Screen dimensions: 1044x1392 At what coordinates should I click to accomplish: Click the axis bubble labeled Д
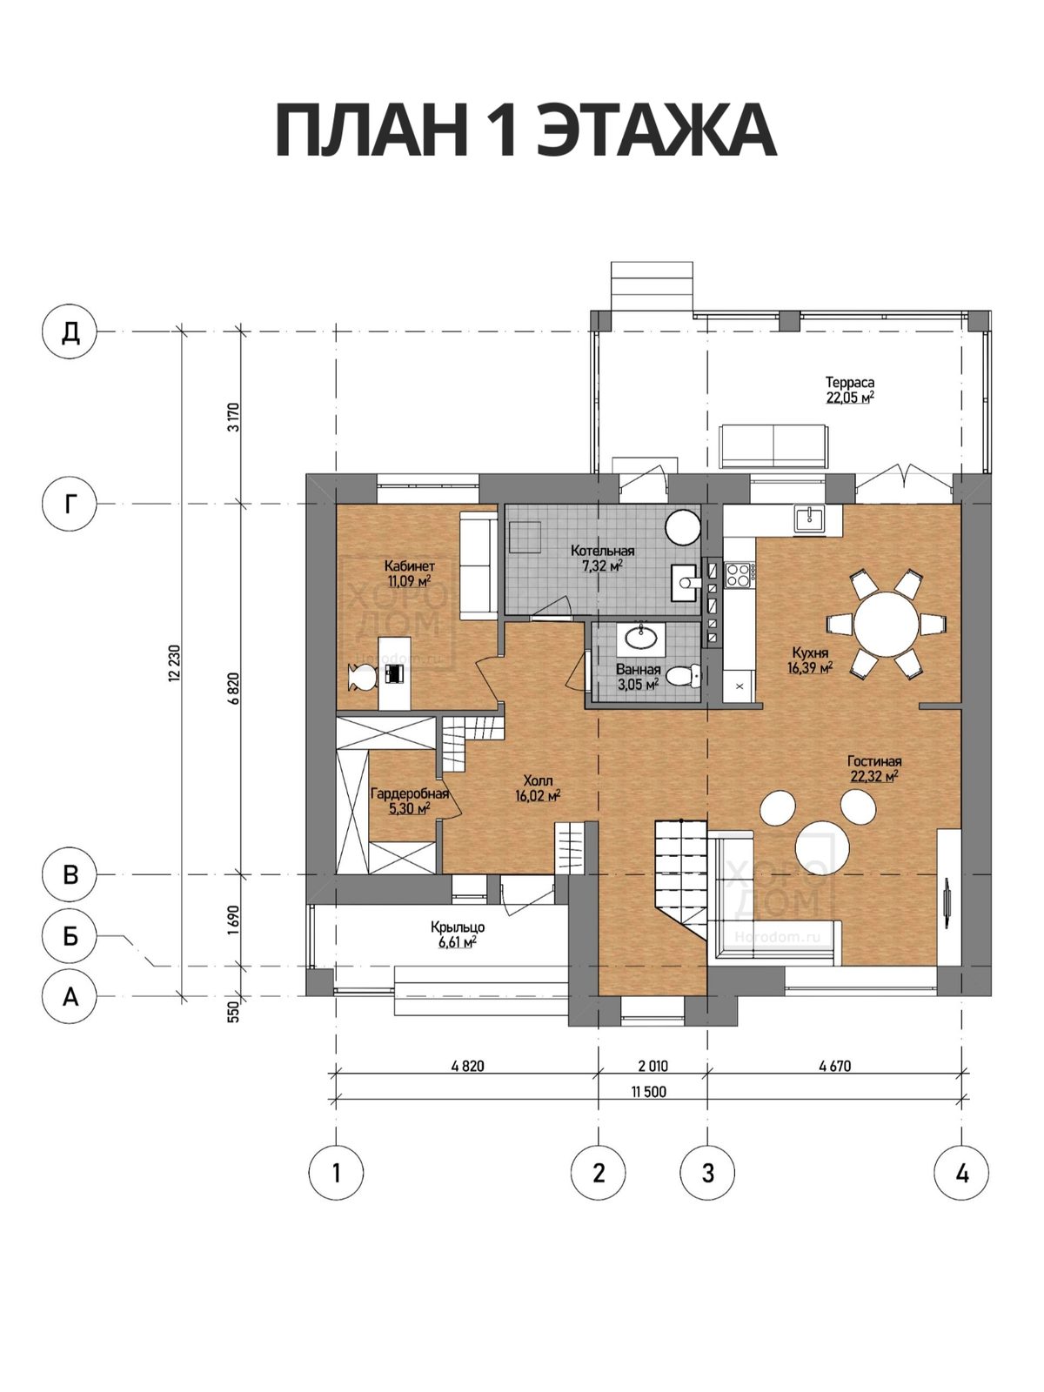(70, 331)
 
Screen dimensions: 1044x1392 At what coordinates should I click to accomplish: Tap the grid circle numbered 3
(707, 1173)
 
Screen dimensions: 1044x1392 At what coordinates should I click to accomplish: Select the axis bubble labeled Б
(70, 934)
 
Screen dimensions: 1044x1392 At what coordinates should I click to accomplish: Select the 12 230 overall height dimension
(175, 663)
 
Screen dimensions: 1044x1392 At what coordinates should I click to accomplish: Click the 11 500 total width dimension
(648, 1092)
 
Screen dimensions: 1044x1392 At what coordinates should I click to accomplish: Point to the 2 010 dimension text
(652, 1066)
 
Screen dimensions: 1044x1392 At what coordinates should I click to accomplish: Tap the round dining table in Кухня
(887, 623)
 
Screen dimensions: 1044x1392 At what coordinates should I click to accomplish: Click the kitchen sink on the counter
(810, 519)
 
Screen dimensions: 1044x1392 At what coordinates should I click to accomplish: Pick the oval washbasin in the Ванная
(641, 639)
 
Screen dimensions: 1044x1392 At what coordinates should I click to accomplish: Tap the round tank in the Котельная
(683, 526)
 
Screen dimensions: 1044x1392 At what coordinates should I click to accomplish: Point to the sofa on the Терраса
(773, 446)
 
